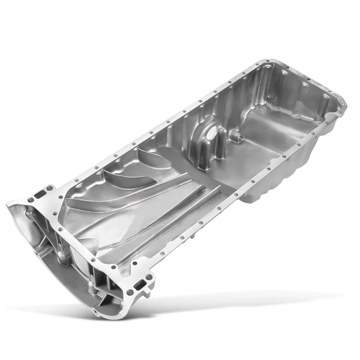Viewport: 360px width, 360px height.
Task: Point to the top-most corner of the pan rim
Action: coord(265,60)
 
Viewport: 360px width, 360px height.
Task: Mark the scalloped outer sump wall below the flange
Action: coord(282,180)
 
